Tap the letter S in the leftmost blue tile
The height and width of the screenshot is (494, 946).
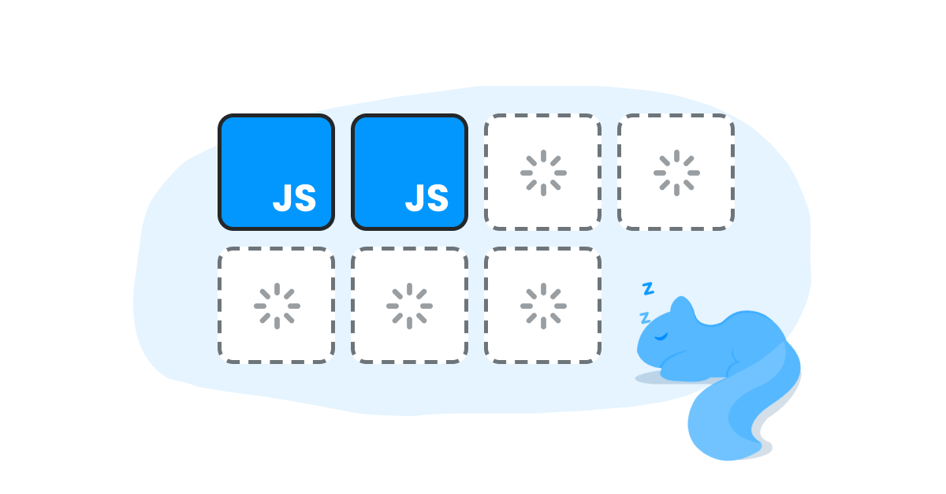(x=304, y=199)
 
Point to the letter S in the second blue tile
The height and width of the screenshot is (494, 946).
(x=437, y=199)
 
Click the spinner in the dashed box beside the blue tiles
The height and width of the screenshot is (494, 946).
(x=543, y=173)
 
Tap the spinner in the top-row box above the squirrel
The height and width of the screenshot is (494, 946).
(x=676, y=173)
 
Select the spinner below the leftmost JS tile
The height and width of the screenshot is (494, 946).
(x=277, y=306)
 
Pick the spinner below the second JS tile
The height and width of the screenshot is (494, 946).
(x=409, y=306)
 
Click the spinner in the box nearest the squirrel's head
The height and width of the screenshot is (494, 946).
(x=543, y=306)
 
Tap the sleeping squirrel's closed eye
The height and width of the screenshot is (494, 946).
(x=661, y=337)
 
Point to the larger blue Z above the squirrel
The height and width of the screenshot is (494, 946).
(x=648, y=288)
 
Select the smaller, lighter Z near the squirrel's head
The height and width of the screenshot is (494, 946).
(x=644, y=318)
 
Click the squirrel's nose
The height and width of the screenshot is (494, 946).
(x=639, y=346)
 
